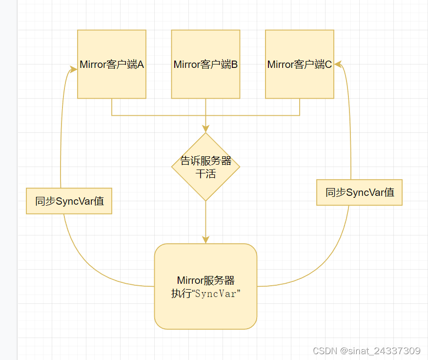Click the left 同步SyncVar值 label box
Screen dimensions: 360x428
pyautogui.click(x=69, y=201)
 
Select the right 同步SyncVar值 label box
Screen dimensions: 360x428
pyautogui.click(x=359, y=192)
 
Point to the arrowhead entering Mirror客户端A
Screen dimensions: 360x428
pyautogui.click(x=74, y=70)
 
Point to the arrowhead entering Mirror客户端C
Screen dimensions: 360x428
pyautogui.click(x=338, y=63)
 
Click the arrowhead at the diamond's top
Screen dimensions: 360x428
pyautogui.click(x=205, y=128)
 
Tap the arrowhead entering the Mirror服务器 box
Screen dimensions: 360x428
pyautogui.click(x=205, y=239)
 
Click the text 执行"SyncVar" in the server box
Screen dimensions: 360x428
pyautogui.click(x=206, y=294)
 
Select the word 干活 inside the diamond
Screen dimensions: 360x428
pyautogui.click(x=205, y=174)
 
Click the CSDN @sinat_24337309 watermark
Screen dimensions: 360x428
pyautogui.click(x=366, y=351)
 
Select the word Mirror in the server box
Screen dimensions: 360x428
pyautogui.click(x=189, y=280)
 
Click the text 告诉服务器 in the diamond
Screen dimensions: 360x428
pyautogui.click(x=205, y=161)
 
